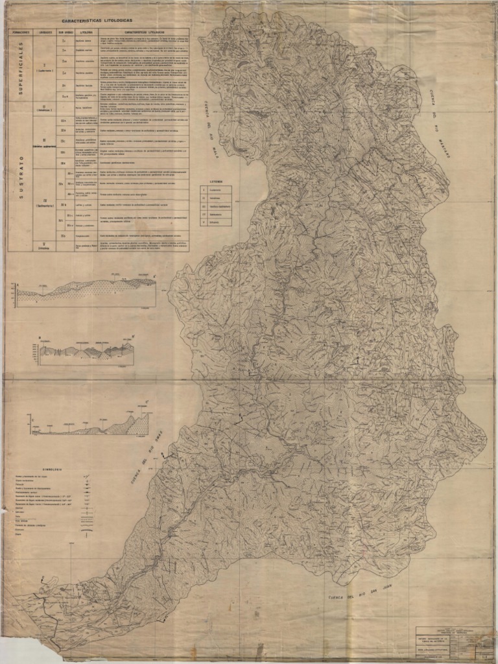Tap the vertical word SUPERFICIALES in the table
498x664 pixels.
(20, 67)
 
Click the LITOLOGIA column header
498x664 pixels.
(84, 31)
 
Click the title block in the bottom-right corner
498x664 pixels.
(454, 642)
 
